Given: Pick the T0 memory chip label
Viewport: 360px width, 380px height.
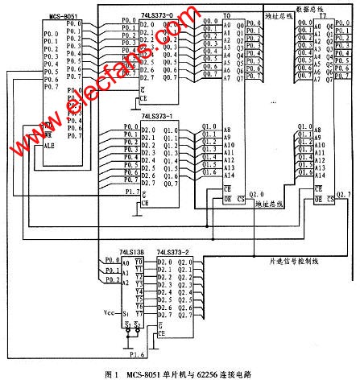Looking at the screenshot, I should tap(226, 15).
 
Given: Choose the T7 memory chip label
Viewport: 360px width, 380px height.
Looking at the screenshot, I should tap(323, 15).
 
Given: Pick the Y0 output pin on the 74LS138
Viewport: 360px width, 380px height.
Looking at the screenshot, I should tap(139, 262).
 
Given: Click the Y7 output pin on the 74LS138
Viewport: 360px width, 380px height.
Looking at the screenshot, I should tap(139, 314).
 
